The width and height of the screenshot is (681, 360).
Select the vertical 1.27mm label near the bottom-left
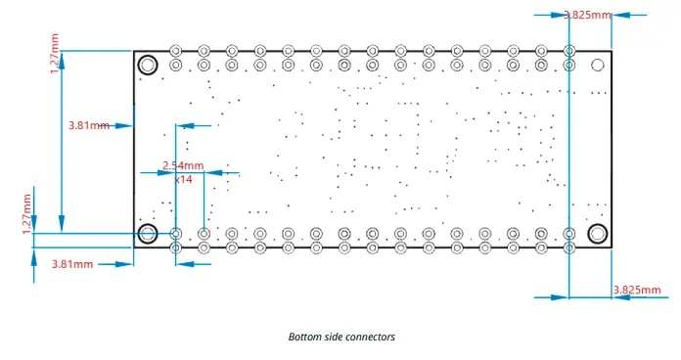click(x=27, y=212)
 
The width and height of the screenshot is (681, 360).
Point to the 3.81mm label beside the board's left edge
click(x=89, y=125)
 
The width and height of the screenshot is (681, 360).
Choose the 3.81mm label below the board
click(x=72, y=264)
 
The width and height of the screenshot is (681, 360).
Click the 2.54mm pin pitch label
click(x=183, y=165)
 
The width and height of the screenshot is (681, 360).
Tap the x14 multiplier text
click(x=183, y=180)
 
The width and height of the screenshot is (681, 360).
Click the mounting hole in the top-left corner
click(x=148, y=66)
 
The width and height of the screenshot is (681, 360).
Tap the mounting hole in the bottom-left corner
click(x=148, y=234)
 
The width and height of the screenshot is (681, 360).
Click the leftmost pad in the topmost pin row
click(x=176, y=50)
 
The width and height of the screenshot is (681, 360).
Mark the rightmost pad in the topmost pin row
click(x=569, y=50)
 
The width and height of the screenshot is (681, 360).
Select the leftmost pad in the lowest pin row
click(x=176, y=248)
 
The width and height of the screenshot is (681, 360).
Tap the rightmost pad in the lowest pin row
click(x=569, y=248)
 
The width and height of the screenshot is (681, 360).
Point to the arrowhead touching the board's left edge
click(x=126, y=125)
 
